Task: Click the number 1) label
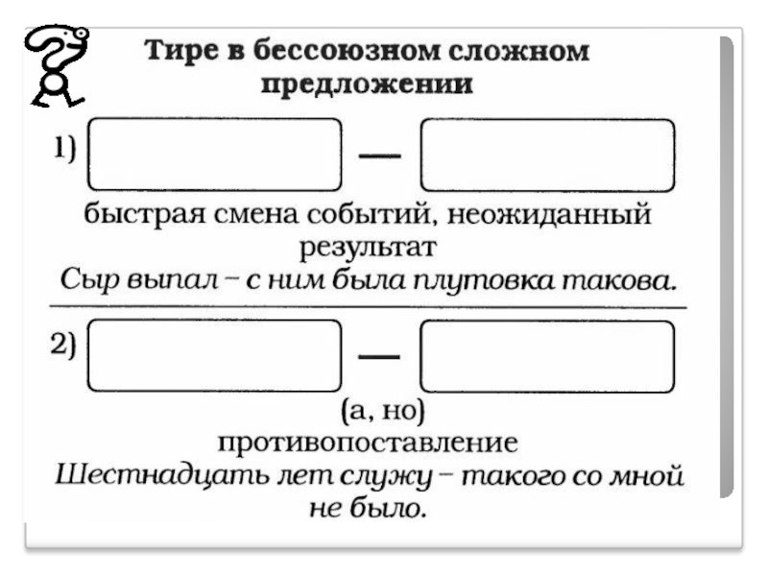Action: click(x=64, y=147)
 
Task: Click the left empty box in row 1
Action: click(x=214, y=155)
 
